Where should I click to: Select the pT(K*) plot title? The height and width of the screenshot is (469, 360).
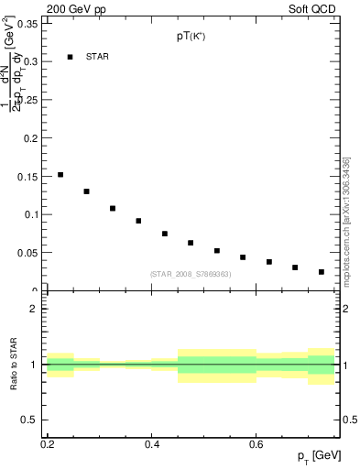[191, 38]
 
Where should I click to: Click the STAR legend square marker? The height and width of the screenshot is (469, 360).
[70, 57]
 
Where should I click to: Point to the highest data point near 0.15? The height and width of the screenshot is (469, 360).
[60, 174]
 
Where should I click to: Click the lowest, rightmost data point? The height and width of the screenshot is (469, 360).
[322, 272]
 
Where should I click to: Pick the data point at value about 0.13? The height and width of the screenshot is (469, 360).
[86, 191]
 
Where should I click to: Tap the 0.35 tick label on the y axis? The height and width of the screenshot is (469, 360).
[27, 24]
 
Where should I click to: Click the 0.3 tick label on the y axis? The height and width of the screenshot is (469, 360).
[30, 61]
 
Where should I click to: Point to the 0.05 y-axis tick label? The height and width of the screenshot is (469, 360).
[27, 253]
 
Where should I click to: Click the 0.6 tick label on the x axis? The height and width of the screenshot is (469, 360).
[258, 444]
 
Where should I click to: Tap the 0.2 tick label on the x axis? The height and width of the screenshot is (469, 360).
[48, 444]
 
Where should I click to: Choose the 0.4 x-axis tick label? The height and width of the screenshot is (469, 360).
[153, 444]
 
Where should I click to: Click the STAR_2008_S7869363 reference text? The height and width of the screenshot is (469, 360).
[191, 274]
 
